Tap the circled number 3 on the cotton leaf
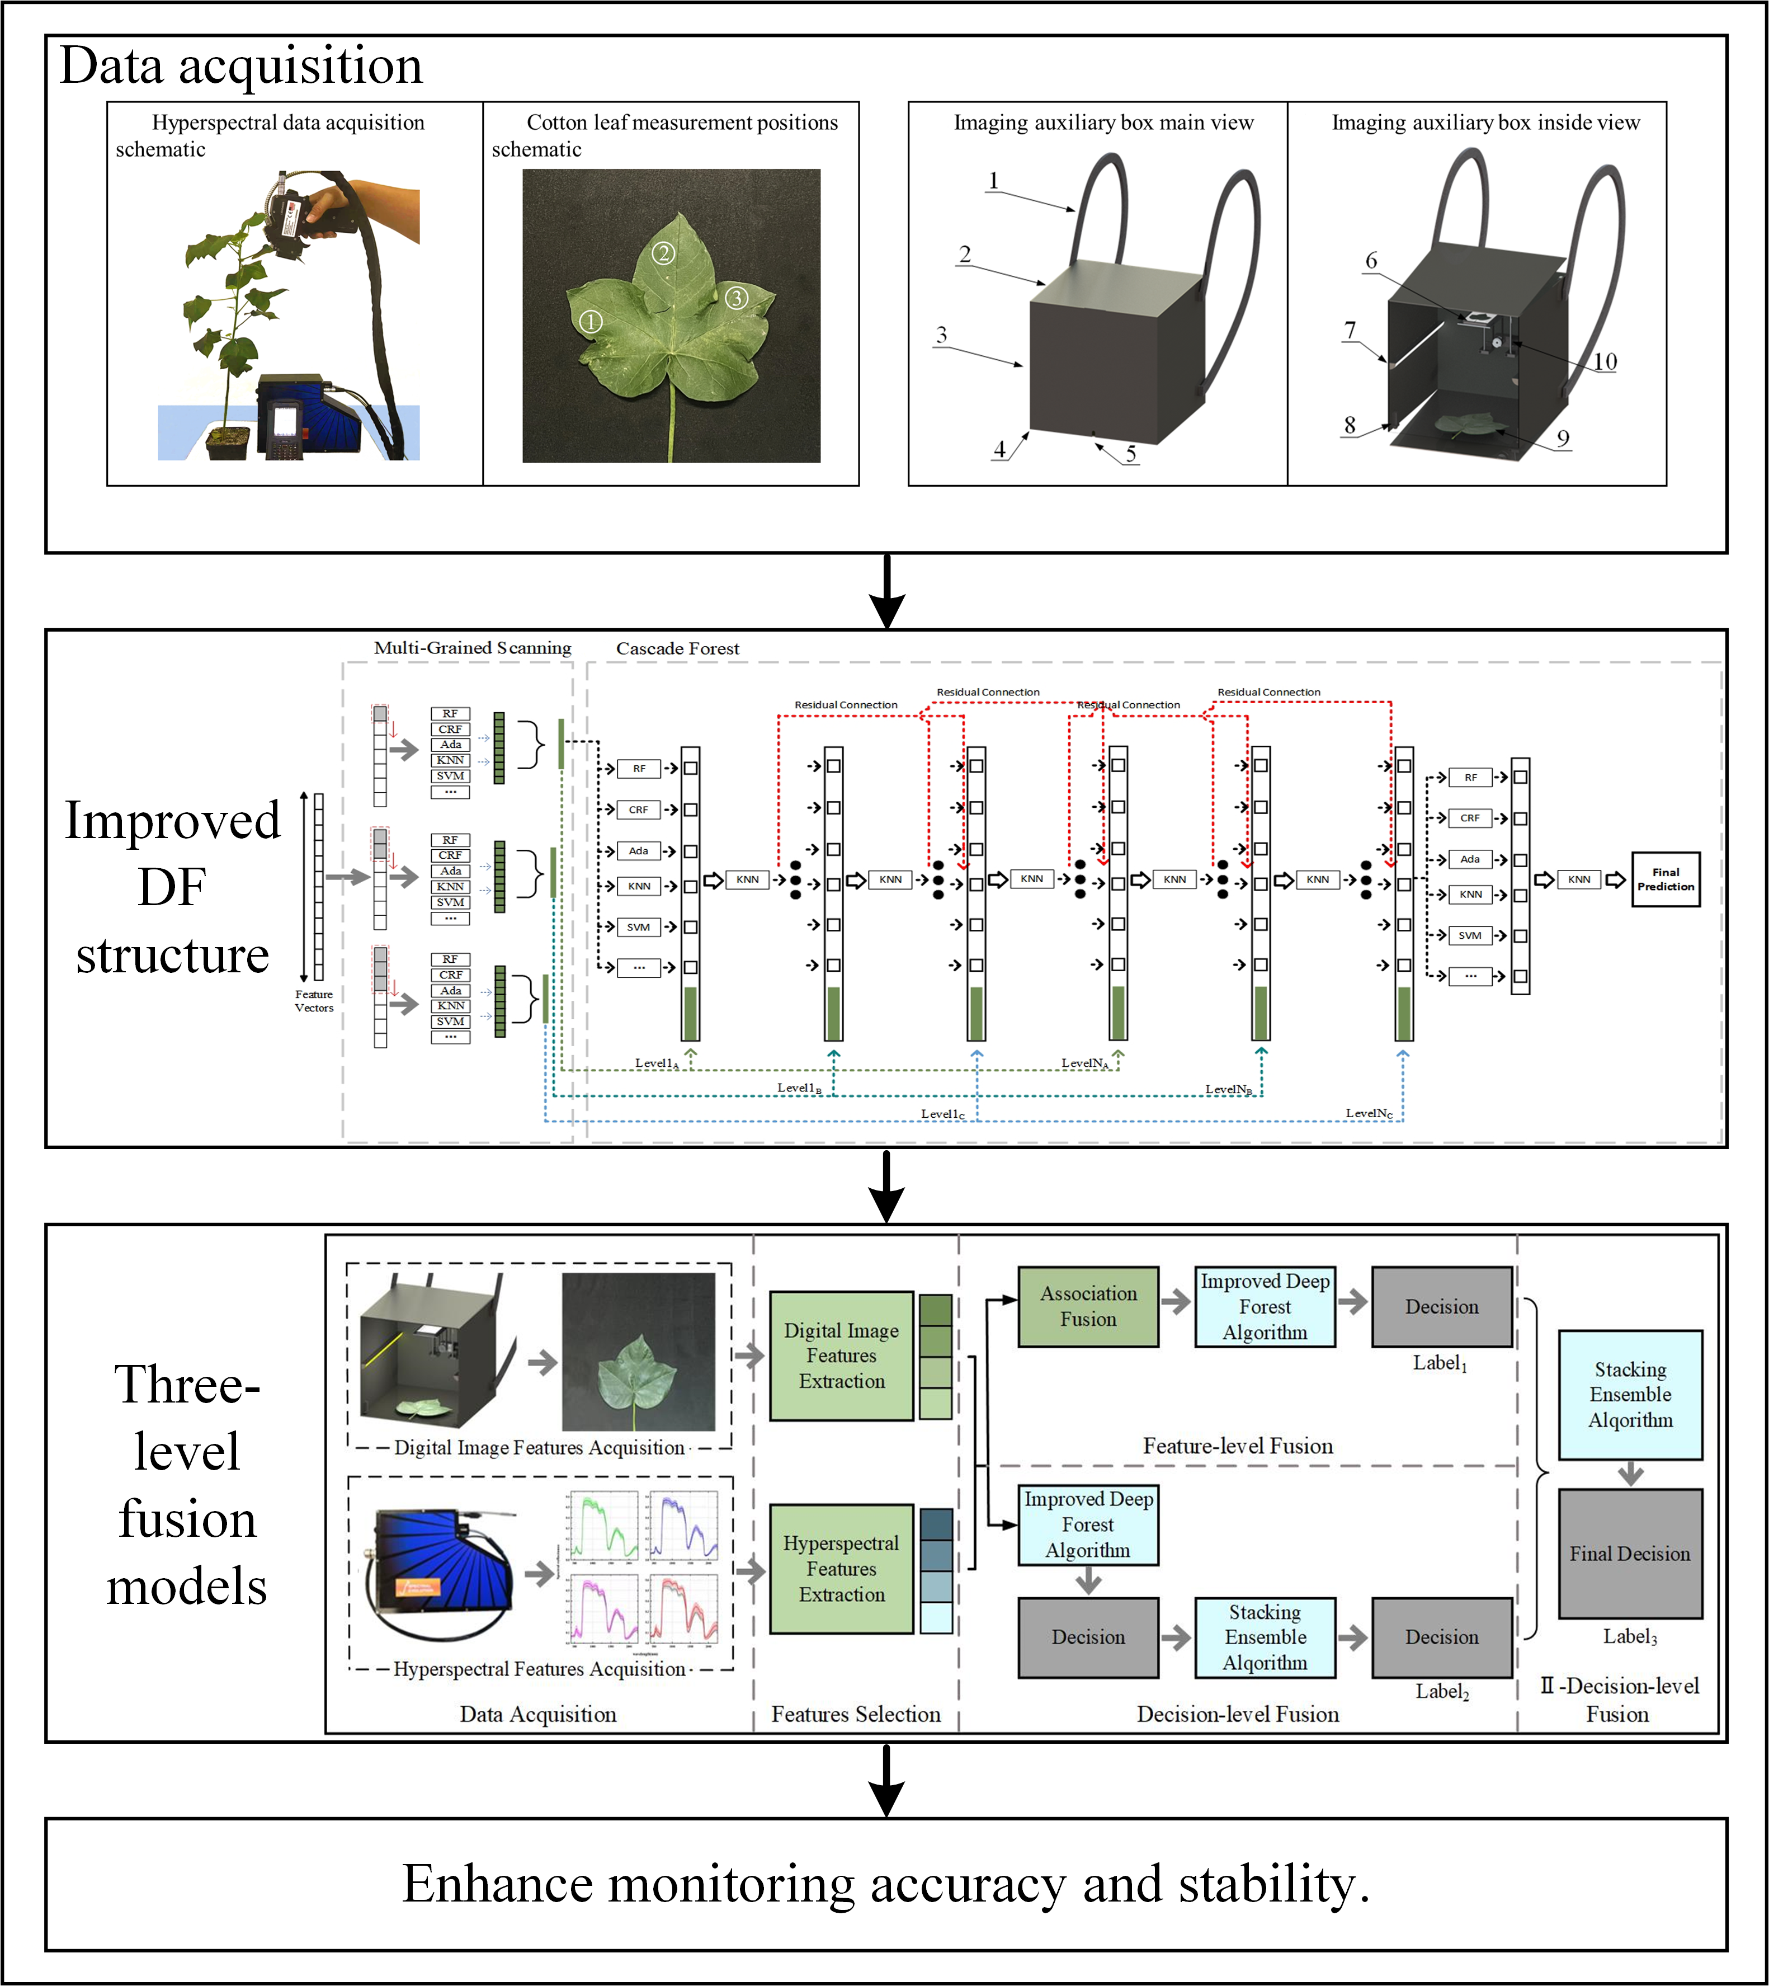point(737,298)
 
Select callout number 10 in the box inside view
point(1605,361)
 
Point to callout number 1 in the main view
point(993,181)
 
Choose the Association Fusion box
point(1088,1306)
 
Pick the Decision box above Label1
point(1441,1306)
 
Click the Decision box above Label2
point(1441,1637)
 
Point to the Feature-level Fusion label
point(1237,1446)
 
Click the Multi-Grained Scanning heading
point(473,647)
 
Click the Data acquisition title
point(241,66)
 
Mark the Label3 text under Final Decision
point(1629,1636)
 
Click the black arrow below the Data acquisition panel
point(886,591)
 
